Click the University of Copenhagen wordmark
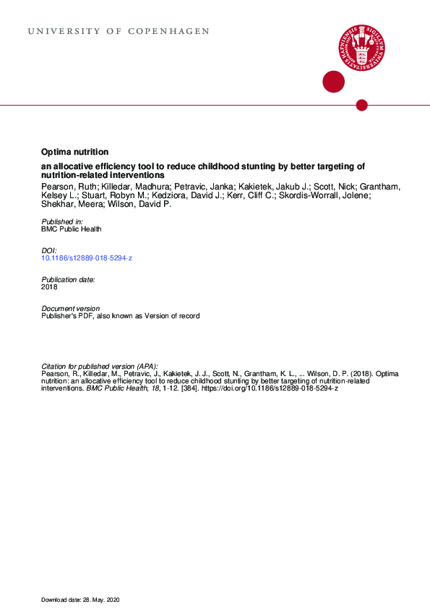tap(119, 32)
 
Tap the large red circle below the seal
tap(333, 82)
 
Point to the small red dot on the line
tap(362, 106)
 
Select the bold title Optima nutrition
tap(75, 153)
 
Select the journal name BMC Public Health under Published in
tap(72, 229)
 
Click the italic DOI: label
tap(50, 250)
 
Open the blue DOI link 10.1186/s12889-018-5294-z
tap(87, 257)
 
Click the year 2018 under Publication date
tap(49, 286)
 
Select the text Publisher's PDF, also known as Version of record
tap(121, 316)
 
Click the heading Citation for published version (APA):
tap(100, 366)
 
